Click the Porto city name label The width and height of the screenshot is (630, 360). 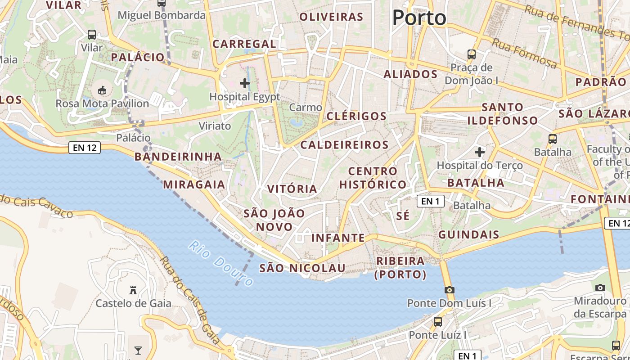[419, 18]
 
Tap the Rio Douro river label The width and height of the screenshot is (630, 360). [221, 263]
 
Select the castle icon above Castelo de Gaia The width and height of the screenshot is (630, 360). [133, 290]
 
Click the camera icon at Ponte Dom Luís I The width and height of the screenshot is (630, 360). [449, 290]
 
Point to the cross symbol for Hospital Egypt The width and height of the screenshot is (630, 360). [245, 83]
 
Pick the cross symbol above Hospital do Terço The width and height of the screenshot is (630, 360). [480, 152]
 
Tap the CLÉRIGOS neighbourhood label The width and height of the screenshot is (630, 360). [356, 116]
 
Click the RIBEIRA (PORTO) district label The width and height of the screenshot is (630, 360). [400, 267]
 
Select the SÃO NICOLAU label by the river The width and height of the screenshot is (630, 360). [302, 268]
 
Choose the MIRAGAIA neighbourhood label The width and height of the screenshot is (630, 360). [194, 184]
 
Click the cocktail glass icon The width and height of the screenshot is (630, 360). [138, 350]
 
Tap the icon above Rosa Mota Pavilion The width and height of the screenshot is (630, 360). [102, 90]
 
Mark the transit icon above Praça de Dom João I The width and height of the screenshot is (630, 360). [471, 54]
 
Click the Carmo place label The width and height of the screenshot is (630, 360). [306, 108]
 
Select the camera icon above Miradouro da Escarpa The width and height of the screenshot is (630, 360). [600, 288]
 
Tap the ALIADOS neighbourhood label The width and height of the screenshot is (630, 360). [410, 74]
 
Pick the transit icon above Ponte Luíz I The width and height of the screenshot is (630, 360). [437, 322]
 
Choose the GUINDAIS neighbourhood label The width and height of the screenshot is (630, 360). [468, 234]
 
